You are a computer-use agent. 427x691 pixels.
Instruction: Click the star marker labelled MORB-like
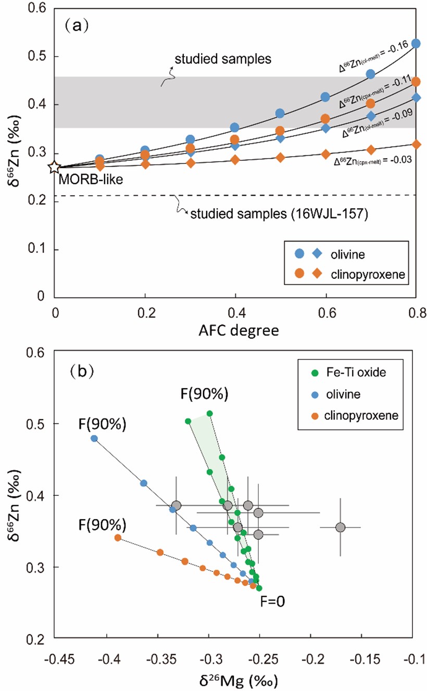(x=54, y=168)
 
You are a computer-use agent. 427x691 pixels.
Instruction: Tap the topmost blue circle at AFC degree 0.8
(x=416, y=44)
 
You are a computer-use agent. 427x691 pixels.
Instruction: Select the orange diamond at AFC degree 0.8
(x=416, y=144)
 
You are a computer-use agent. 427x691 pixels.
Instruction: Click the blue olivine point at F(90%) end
(x=94, y=438)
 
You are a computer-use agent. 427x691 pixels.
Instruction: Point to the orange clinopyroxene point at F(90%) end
(x=118, y=538)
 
